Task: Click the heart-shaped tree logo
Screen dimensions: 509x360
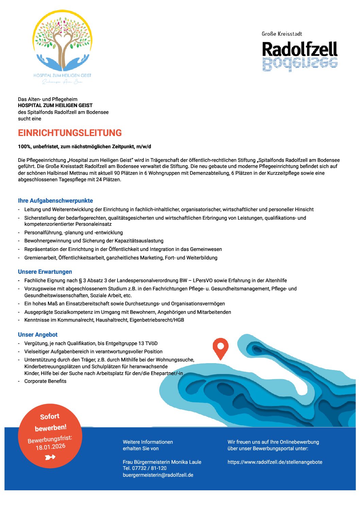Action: (x=62, y=43)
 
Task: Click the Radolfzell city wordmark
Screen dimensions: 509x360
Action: (x=299, y=50)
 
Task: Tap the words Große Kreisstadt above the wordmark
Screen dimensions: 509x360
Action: (x=282, y=34)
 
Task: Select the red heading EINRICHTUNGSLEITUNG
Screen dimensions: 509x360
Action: (x=70, y=133)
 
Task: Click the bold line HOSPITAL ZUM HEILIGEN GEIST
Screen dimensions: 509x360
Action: (x=55, y=105)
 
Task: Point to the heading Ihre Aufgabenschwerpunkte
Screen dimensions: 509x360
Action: (x=55, y=201)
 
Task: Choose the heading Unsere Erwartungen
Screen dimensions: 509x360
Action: (x=45, y=272)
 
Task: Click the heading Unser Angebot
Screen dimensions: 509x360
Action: (x=38, y=335)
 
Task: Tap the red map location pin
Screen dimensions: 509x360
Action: (x=220, y=348)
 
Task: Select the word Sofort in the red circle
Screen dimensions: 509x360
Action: (x=50, y=417)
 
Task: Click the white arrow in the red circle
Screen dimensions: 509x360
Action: (x=50, y=457)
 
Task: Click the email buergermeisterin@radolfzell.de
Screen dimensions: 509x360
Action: (x=158, y=475)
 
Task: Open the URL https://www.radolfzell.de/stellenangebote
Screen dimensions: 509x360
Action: (x=275, y=462)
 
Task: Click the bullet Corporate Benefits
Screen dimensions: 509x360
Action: (x=45, y=381)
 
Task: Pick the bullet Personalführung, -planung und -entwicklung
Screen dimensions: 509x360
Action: (x=73, y=233)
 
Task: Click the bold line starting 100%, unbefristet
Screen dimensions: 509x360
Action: (x=84, y=147)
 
